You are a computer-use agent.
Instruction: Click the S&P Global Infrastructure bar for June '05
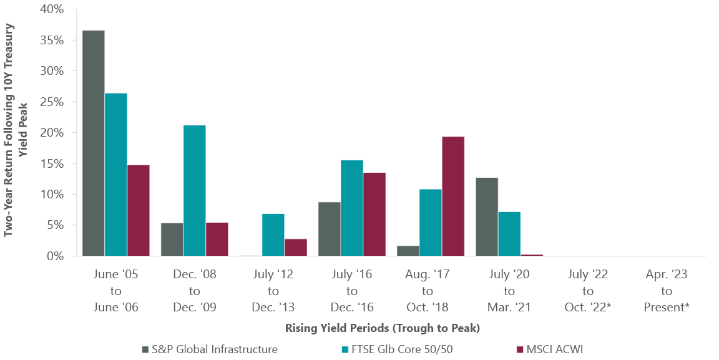point(93,143)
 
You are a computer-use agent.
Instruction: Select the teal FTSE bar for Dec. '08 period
point(194,190)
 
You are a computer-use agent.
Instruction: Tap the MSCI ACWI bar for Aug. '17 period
point(452,196)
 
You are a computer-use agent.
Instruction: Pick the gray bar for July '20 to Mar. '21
point(486,216)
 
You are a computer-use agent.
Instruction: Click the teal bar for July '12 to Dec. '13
point(273,235)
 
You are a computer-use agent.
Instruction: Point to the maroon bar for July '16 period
point(374,214)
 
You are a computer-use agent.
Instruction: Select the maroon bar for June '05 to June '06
point(138,210)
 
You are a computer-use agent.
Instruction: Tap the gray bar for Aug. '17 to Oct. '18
point(408,251)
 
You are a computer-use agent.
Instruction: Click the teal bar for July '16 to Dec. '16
point(351,208)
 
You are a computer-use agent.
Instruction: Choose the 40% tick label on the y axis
point(51,10)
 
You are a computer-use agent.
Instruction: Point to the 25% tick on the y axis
point(51,102)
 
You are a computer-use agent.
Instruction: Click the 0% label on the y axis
point(54,256)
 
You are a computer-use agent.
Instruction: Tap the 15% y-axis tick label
point(51,163)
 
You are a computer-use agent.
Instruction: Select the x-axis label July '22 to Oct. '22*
point(587,291)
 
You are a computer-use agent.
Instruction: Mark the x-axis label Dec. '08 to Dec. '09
point(194,291)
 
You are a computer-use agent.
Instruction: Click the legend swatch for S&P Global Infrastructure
point(145,349)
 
